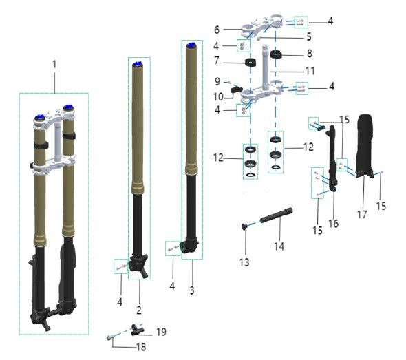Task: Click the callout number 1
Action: (54, 65)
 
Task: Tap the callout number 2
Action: (139, 310)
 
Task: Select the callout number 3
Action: (191, 290)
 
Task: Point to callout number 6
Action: (217, 30)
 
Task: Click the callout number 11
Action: (310, 71)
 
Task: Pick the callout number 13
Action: (244, 262)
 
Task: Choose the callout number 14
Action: (279, 246)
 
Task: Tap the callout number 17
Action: (362, 214)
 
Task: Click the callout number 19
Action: (161, 332)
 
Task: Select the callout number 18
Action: (141, 347)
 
